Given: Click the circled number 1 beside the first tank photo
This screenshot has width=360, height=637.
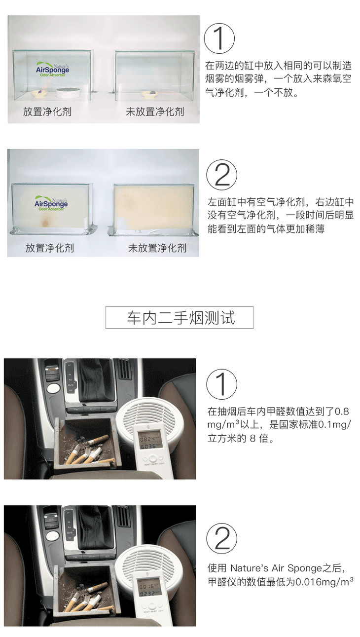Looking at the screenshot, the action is point(219,38).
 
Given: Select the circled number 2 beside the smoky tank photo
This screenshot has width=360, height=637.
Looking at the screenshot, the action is point(221,175).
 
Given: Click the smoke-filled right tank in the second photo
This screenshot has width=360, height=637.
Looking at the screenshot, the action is point(154,208).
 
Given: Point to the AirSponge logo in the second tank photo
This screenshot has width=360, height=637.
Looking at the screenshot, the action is point(51,203).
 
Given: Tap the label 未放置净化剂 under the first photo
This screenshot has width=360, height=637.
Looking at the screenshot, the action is point(155,112).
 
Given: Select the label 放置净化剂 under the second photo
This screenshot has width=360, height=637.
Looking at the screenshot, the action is point(50,248).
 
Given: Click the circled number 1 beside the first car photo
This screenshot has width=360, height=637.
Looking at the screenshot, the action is point(221,384).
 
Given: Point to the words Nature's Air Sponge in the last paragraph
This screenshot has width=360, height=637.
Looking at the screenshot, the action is point(276,568).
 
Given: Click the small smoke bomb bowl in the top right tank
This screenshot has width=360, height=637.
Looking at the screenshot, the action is point(149,93).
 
